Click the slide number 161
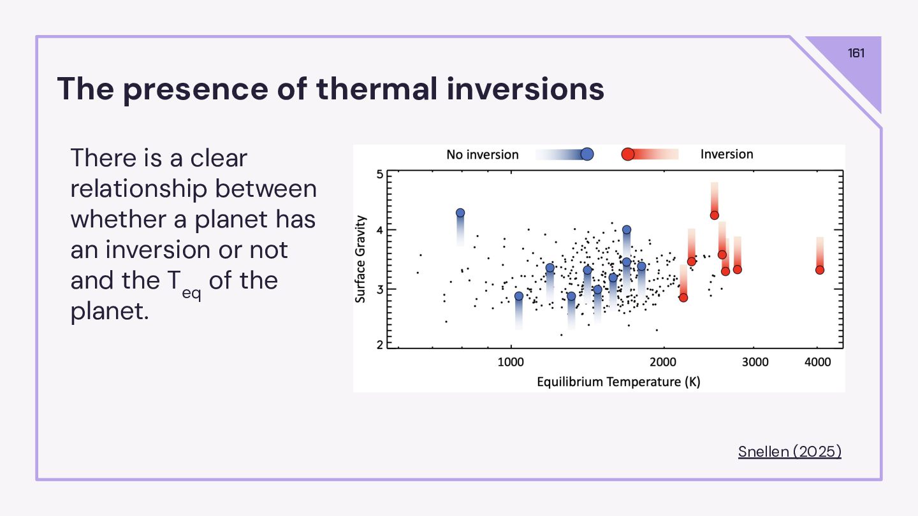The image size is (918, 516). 856,53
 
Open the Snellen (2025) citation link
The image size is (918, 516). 789,452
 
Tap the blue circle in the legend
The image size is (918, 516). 587,154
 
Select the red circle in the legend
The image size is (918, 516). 627,154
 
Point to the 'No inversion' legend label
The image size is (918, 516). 482,154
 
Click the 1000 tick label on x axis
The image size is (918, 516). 510,362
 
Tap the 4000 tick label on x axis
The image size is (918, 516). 818,362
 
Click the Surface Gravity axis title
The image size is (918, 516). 361,259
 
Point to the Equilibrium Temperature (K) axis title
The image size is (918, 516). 618,382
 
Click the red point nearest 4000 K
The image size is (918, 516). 820,269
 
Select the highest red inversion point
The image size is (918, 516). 714,215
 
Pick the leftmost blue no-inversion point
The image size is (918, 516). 460,213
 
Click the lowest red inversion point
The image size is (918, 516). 683,297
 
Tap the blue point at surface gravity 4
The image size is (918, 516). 627,229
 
